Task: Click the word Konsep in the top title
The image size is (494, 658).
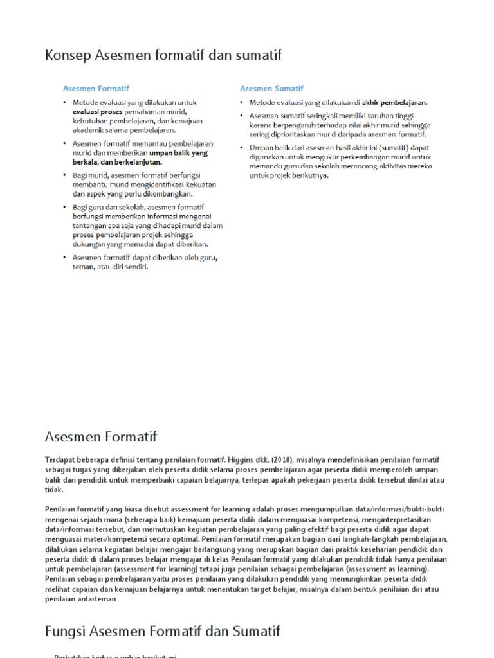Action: click(x=68, y=56)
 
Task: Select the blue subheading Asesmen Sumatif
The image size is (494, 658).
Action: click(x=271, y=89)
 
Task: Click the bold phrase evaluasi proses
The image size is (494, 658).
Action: click(x=97, y=112)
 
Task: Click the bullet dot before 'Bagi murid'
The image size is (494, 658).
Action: click(x=64, y=175)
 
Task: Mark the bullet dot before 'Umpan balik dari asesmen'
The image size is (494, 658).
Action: click(x=242, y=148)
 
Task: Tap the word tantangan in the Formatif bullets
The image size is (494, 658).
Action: click(x=91, y=226)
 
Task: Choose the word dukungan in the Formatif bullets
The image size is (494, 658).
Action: click(x=90, y=244)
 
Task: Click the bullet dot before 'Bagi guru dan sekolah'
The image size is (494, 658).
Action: click(x=64, y=208)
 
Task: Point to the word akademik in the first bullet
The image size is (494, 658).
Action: click(x=89, y=130)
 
